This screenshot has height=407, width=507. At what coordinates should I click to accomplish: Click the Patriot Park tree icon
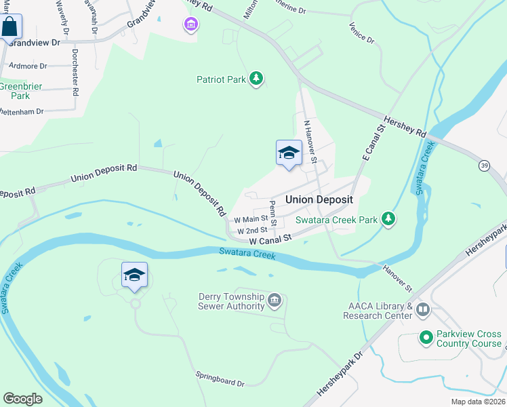[256, 79]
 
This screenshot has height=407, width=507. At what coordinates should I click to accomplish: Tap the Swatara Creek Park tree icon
[388, 219]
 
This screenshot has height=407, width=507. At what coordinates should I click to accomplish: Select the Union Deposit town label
[319, 199]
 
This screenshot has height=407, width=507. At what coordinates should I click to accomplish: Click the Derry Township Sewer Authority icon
[275, 300]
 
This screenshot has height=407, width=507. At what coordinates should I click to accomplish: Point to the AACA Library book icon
[423, 310]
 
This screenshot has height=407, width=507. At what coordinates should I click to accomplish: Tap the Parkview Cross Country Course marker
[426, 337]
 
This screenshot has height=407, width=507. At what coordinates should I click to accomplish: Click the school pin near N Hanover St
[289, 153]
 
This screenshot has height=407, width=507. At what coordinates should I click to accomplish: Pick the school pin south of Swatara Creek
[134, 275]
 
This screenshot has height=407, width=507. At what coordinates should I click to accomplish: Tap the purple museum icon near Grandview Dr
[191, 26]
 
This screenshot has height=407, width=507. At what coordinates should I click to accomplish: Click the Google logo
[23, 399]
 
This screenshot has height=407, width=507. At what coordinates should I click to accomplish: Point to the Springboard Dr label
[220, 379]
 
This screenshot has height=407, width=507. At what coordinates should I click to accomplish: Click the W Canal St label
[270, 239]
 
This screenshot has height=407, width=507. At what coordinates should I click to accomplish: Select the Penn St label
[272, 213]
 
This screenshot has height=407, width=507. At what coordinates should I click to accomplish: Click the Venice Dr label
[361, 33]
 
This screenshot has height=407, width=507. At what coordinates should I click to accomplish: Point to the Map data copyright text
[478, 402]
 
